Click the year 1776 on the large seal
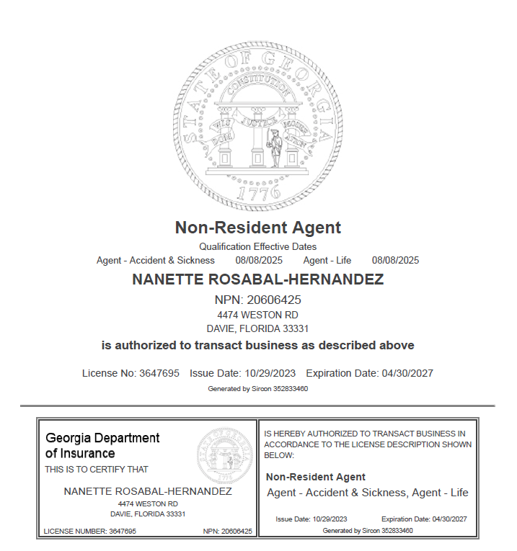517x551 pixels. coord(258,193)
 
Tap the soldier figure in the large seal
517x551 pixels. coord(274,148)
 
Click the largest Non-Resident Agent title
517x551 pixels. coord(258,228)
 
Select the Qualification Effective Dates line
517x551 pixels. coord(258,247)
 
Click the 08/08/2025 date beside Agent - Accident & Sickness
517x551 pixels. coord(259,260)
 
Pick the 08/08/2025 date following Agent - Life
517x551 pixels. coord(395,260)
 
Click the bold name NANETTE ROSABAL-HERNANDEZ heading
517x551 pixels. coord(258,280)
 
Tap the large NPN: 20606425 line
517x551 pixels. coord(258,300)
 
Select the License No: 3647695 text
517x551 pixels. coord(131,373)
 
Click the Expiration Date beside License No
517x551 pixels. coord(369,373)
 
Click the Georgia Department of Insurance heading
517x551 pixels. coord(102,445)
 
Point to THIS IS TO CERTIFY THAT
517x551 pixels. coord(97,469)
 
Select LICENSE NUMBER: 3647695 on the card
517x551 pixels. coord(90,531)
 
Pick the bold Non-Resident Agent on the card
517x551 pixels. coord(316,477)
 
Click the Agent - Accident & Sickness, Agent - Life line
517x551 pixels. coord(368,493)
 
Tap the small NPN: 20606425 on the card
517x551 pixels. coord(228,531)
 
